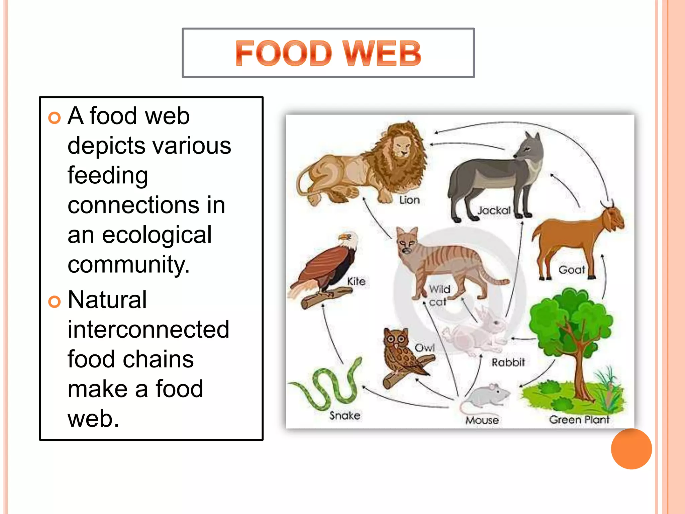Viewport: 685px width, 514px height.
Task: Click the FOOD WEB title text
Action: pyautogui.click(x=328, y=53)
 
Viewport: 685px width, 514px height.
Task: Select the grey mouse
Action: pyautogui.click(x=485, y=397)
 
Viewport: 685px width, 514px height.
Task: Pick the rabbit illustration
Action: pyautogui.click(x=478, y=331)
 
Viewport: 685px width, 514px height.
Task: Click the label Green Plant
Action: pyautogui.click(x=579, y=420)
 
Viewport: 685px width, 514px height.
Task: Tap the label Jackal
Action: pyautogui.click(x=494, y=210)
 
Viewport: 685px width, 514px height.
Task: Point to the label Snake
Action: pyautogui.click(x=345, y=416)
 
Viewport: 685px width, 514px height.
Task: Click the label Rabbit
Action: pyautogui.click(x=508, y=362)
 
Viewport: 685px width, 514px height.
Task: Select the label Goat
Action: pyautogui.click(x=571, y=270)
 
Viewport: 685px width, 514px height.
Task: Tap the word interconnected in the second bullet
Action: pyautogui.click(x=148, y=330)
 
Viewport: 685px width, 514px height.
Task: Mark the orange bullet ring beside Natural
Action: pyautogui.click(x=54, y=302)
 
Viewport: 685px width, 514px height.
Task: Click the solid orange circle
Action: pyautogui.click(x=631, y=449)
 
